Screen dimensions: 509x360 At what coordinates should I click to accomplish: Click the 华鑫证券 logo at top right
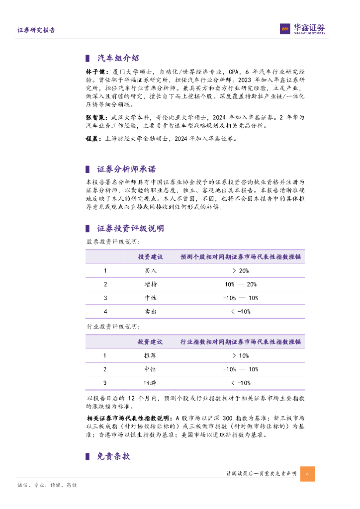pyautogui.click(x=302, y=29)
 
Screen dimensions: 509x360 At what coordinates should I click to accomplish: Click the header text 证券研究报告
pyautogui.click(x=36, y=30)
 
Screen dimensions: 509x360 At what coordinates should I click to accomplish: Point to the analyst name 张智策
pyautogui.click(x=94, y=118)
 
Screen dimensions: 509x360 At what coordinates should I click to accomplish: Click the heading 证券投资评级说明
pyautogui.click(x=130, y=229)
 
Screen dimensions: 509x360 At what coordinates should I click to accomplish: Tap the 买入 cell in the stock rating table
pyautogui.click(x=150, y=271)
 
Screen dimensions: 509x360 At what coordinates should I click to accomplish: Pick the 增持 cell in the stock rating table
pyautogui.click(x=150, y=284)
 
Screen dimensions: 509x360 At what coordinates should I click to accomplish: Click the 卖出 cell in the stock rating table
pyautogui.click(x=150, y=311)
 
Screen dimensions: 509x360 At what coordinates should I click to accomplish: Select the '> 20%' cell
pyautogui.click(x=240, y=271)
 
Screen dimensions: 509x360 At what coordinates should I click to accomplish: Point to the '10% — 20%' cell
pyautogui.click(x=240, y=284)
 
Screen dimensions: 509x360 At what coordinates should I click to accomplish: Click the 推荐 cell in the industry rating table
pyautogui.click(x=150, y=356)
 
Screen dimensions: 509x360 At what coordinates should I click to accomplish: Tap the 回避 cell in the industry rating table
pyautogui.click(x=150, y=383)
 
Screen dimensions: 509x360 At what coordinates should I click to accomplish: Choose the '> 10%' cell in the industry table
pyautogui.click(x=240, y=356)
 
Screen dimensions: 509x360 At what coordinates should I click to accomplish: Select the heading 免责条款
pyautogui.click(x=113, y=456)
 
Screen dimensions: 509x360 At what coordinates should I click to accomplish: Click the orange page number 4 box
pyautogui.click(x=307, y=474)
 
